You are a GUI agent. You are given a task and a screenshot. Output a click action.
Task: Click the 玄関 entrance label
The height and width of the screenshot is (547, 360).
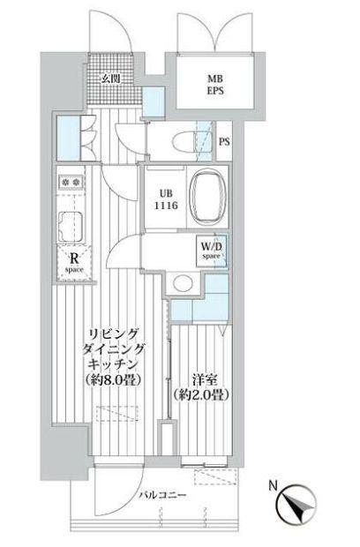111,79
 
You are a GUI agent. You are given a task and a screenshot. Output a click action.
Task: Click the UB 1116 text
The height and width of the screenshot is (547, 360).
166,199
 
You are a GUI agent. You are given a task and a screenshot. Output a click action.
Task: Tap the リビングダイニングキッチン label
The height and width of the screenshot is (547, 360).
113,348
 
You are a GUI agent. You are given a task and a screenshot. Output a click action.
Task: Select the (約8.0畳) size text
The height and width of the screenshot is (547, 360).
114,380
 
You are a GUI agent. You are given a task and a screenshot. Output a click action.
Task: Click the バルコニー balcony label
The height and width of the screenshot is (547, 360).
161,495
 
